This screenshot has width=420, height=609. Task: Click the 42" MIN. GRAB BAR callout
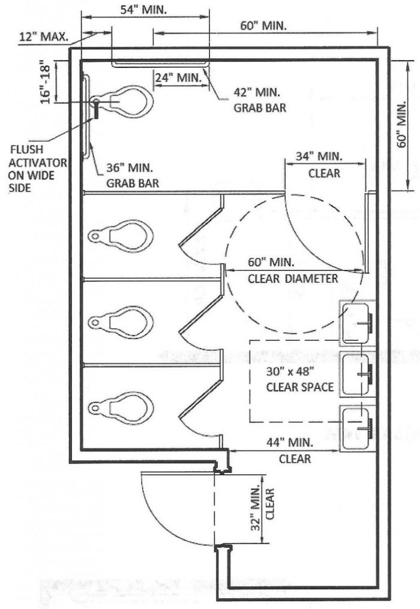point(259,101)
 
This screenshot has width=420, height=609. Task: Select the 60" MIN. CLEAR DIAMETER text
point(292,271)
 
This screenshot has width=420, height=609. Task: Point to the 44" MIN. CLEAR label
point(295,451)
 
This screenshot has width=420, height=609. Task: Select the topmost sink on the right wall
point(358,322)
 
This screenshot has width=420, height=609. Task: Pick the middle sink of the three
point(358,374)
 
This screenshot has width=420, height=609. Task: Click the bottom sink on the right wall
point(358,427)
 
